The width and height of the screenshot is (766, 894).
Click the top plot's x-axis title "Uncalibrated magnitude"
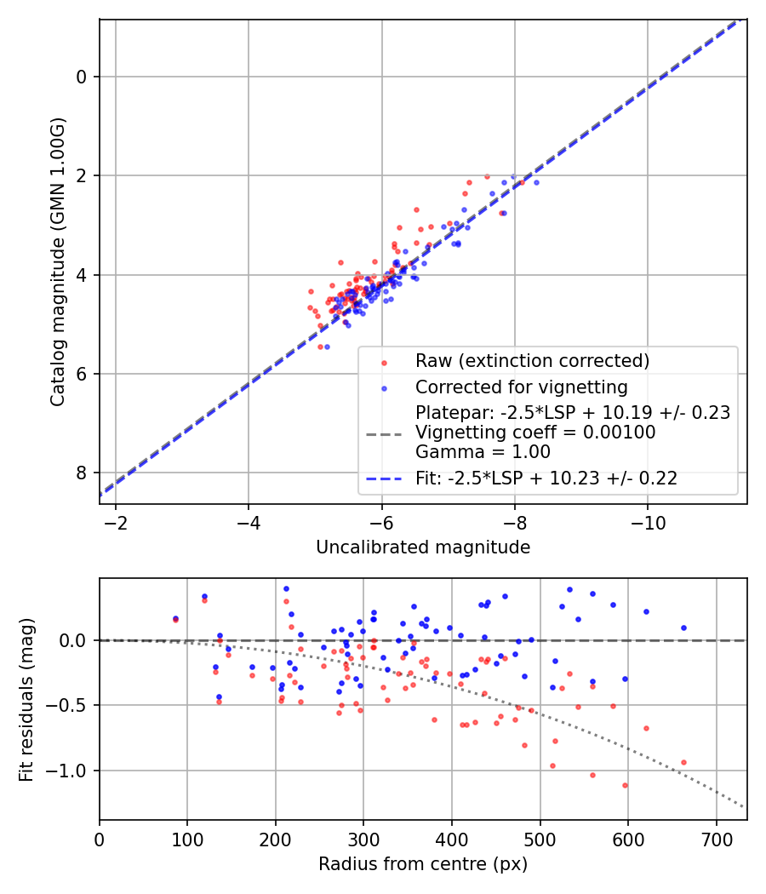(423, 547)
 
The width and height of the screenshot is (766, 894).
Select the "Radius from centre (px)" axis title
(423, 864)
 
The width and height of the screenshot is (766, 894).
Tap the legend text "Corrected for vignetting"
(521, 387)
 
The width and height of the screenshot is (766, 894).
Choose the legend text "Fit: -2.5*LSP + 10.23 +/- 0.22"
(546, 479)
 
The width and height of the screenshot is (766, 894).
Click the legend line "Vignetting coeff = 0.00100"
(534, 433)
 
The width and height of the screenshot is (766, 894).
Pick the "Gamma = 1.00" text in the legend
(483, 451)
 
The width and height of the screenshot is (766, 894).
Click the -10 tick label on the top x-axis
(648, 521)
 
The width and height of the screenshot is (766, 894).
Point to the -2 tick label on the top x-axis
(116, 521)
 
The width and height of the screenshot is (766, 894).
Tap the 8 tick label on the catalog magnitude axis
(83, 473)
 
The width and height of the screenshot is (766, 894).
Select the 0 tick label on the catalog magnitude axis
(83, 77)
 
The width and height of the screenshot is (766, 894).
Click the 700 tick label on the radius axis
(716, 838)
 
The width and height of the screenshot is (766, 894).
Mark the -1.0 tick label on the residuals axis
(72, 771)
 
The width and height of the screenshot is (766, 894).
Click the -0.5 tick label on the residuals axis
(72, 705)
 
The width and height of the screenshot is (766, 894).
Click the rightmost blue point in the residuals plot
(683, 628)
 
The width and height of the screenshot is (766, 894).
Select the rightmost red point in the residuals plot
(683, 762)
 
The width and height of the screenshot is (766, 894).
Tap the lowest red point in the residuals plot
(625, 785)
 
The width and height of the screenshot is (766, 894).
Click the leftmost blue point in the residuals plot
(175, 618)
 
